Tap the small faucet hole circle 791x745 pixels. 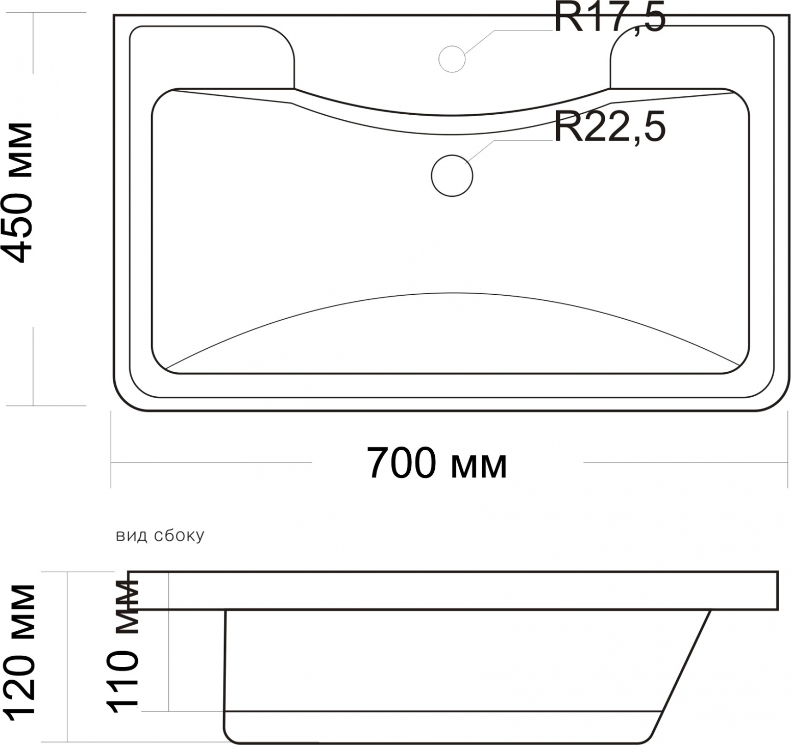pos(452,59)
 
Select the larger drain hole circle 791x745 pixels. pos(452,175)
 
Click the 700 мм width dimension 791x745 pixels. pos(437,463)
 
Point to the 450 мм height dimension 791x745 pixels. pos(18,193)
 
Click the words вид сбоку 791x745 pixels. pos(160,535)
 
